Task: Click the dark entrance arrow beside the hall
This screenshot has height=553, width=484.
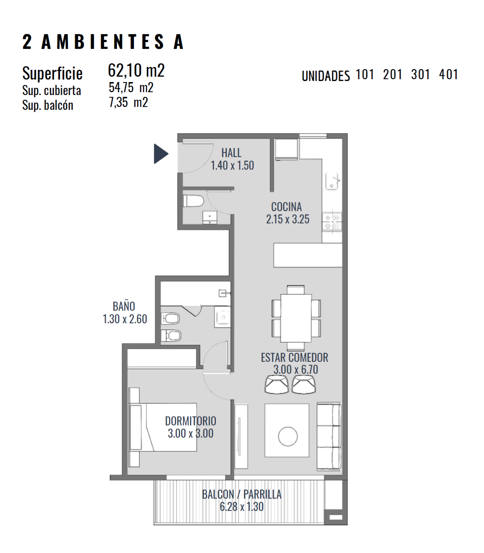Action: point(160,153)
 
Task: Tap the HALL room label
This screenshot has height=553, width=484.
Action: point(231,153)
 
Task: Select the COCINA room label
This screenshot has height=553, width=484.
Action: point(286,207)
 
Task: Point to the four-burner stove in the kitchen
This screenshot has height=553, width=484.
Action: point(332,221)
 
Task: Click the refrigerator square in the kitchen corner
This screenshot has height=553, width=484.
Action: point(286,149)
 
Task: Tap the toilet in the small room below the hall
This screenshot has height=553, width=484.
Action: point(193,201)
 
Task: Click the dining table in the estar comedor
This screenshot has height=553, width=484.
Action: point(296,318)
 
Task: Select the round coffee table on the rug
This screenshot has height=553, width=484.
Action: point(288,436)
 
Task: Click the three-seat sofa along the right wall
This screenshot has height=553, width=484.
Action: point(329,436)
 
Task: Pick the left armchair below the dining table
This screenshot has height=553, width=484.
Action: point(277,384)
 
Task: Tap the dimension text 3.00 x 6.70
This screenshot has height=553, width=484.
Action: point(296,369)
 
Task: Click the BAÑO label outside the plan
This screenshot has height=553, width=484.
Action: point(124,306)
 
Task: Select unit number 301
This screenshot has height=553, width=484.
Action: point(421,74)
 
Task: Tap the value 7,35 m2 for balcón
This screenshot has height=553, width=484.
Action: point(129,103)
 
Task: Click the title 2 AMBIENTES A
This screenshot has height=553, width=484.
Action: point(103,42)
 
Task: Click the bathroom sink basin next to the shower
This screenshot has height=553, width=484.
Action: point(223,317)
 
